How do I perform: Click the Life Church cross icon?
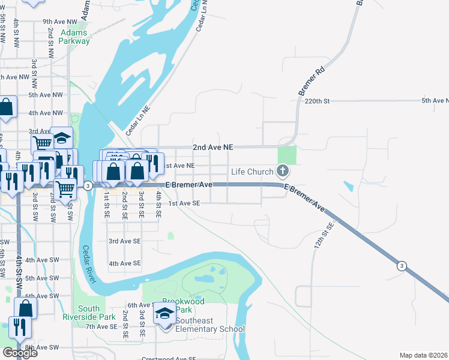pos(283,172)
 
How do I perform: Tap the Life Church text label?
pos(253,172)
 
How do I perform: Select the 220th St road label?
pos(318,101)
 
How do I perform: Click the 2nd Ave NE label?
pos(212,147)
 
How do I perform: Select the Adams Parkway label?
pos(74,37)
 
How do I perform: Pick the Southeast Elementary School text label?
pos(209,329)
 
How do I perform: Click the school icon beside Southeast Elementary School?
pos(164,316)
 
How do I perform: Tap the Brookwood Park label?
pos(184,305)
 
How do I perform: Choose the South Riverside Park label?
pos(97,312)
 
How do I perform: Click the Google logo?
pos(20,353)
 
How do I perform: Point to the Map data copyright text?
pos(423,355)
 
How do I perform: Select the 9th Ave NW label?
pos(61,21)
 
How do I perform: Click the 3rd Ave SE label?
pos(124,241)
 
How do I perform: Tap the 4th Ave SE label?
pos(124,263)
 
